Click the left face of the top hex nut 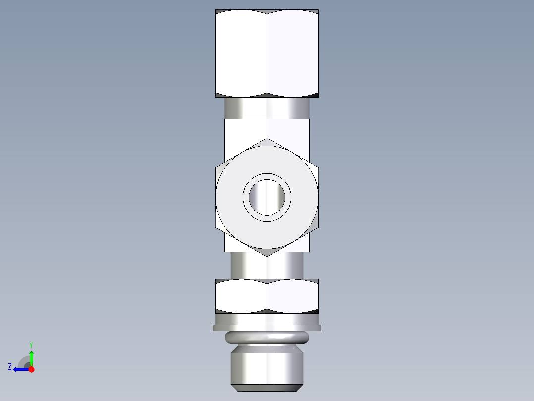pos(241,53)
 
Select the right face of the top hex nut pos(292,53)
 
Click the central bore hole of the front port pos(267,197)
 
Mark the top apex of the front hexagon pos(267,140)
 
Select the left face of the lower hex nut pos(241,296)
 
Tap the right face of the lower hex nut pos(292,296)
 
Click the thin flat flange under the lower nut pos(267,328)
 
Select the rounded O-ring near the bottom pos(267,338)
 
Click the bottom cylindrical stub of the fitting pos(267,367)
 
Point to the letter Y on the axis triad pos(31,344)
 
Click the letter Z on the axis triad pos(10,367)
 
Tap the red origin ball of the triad pos(31,369)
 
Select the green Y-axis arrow pos(31,357)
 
